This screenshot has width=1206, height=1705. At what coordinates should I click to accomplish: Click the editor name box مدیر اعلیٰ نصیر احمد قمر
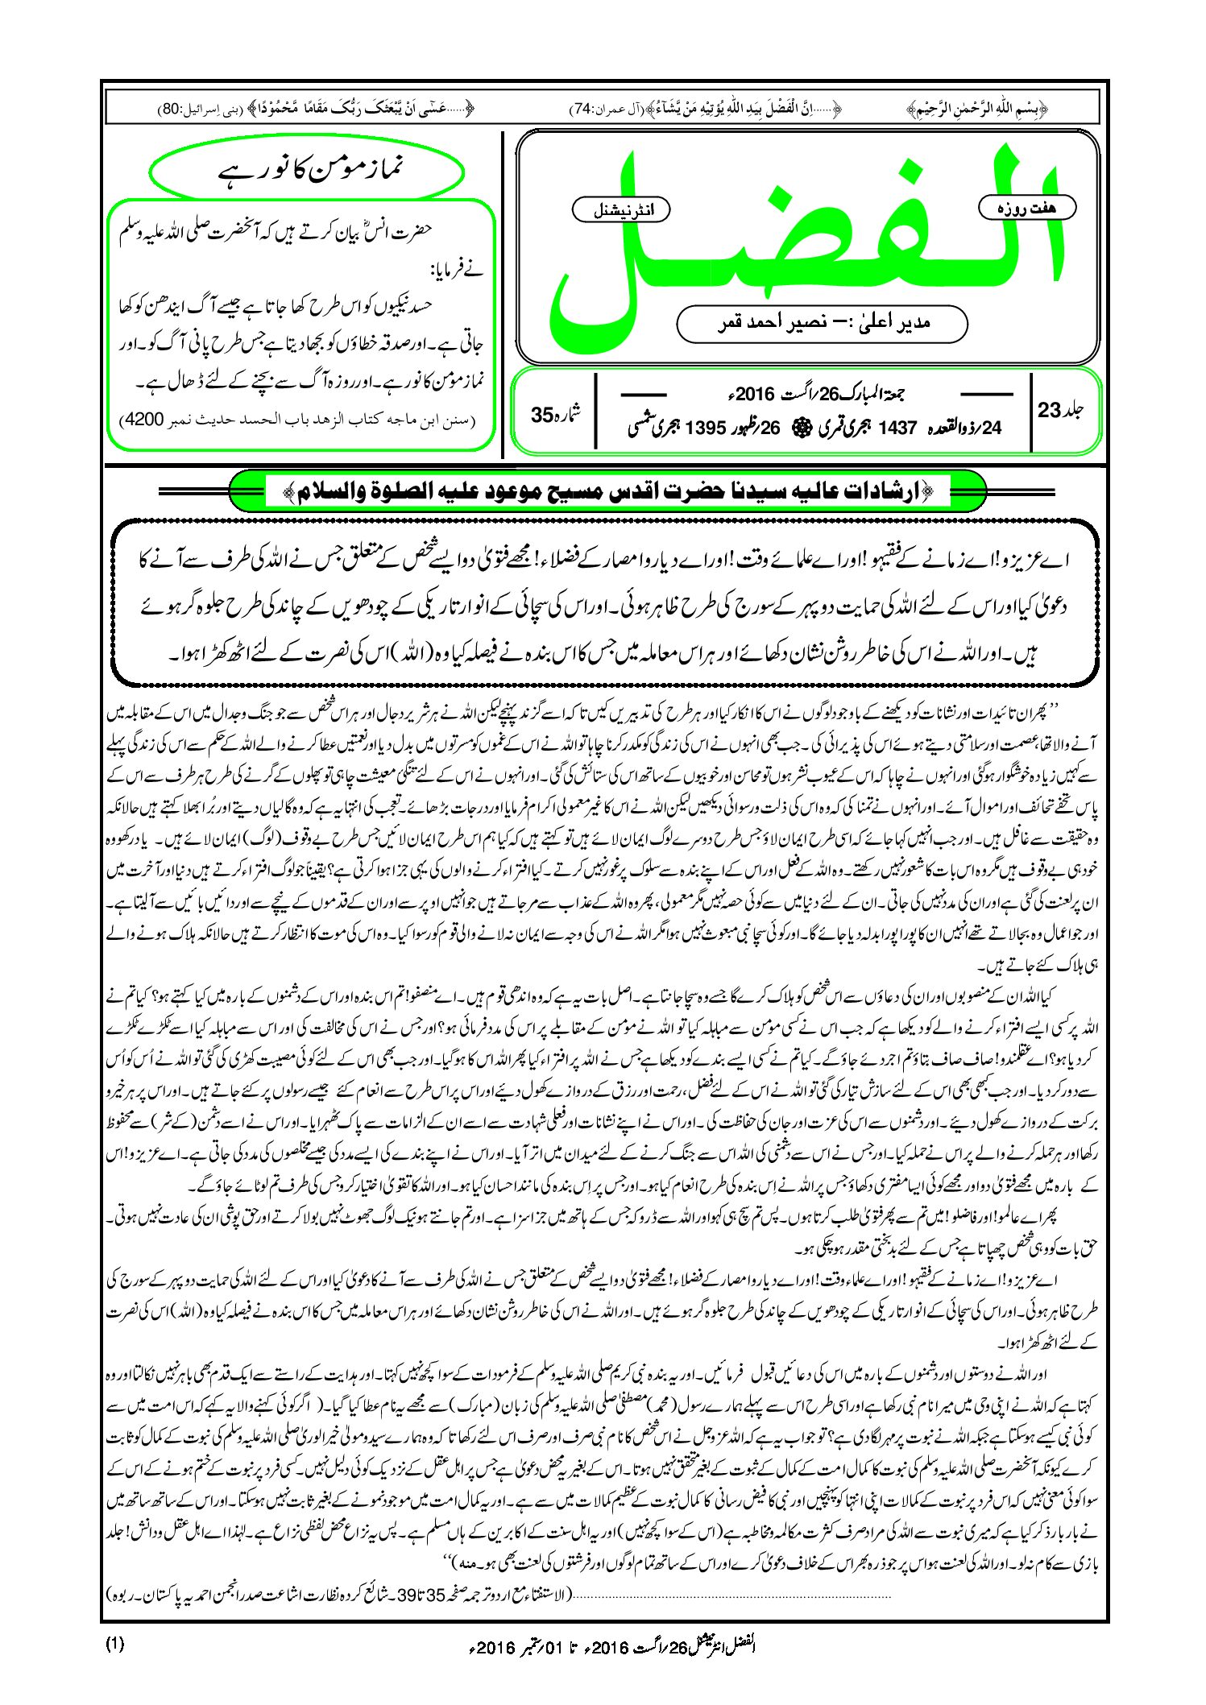(822, 323)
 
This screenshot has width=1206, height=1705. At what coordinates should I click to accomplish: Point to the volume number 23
(1049, 410)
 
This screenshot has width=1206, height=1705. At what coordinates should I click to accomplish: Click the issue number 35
(542, 415)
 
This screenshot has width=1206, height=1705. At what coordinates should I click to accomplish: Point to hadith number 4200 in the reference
(143, 420)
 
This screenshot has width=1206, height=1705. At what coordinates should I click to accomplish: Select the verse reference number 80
(172, 109)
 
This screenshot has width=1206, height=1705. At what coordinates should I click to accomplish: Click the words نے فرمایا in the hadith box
(460, 271)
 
